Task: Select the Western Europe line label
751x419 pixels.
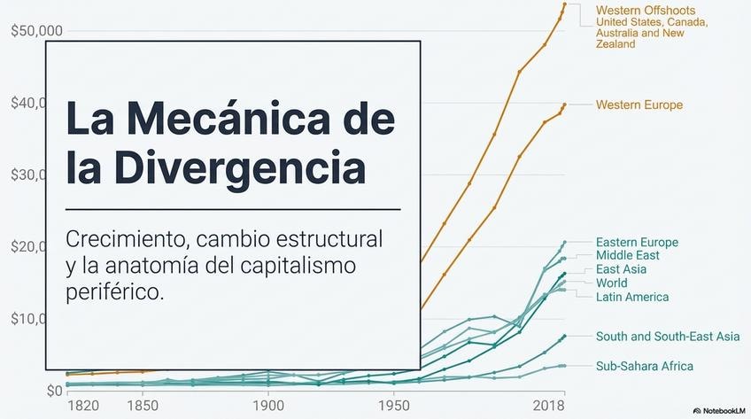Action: tap(639, 105)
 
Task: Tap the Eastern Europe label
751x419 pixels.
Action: tap(637, 243)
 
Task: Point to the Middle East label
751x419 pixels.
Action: tap(627, 256)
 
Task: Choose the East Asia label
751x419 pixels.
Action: tap(621, 269)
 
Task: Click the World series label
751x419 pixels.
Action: tap(612, 283)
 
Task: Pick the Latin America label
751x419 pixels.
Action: tap(632, 297)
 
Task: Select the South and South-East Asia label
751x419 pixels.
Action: tap(668, 337)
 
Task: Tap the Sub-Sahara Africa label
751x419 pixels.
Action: tap(644, 366)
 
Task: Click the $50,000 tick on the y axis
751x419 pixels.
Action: tap(36, 31)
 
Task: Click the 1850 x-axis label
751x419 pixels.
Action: tap(142, 406)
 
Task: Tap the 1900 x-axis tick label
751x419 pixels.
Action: tap(267, 406)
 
